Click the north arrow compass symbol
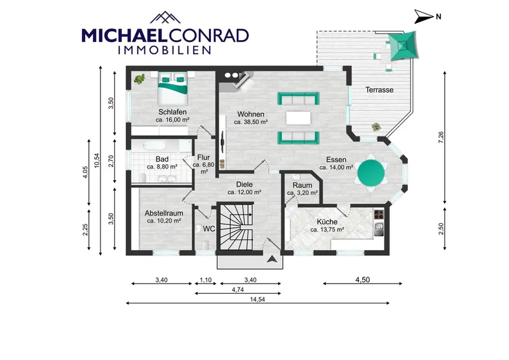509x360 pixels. click(x=423, y=17)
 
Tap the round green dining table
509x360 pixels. click(x=371, y=173)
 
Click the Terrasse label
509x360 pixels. click(x=379, y=90)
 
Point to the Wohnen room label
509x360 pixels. click(x=250, y=114)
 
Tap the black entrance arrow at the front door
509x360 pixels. click(x=272, y=260)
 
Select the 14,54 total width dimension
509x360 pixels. click(x=257, y=300)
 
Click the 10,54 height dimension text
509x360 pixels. click(x=97, y=160)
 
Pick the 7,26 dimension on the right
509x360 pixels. click(x=440, y=138)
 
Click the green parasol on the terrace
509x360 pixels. click(x=402, y=46)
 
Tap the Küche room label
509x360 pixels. click(x=327, y=222)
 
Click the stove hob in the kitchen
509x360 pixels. click(x=379, y=214)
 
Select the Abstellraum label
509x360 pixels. click(x=164, y=214)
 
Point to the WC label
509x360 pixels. click(x=208, y=229)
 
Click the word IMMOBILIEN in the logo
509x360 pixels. click(x=165, y=50)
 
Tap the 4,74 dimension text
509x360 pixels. click(x=238, y=290)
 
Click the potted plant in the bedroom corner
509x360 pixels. click(x=140, y=79)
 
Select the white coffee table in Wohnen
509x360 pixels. click(x=298, y=118)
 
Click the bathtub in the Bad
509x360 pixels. click(x=160, y=145)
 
